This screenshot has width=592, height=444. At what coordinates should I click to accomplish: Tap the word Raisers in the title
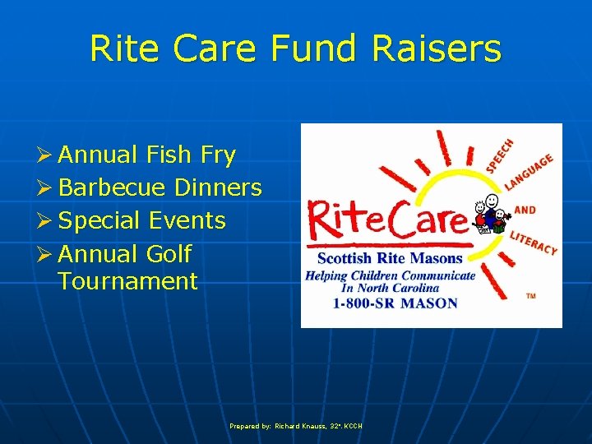click(436, 49)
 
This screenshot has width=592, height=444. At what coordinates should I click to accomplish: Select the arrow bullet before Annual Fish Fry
click(45, 155)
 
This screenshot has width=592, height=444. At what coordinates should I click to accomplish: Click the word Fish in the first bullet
click(170, 155)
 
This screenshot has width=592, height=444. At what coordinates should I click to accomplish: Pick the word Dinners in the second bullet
click(219, 187)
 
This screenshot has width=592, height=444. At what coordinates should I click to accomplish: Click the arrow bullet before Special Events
click(45, 221)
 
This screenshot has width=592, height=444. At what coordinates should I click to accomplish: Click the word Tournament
click(128, 281)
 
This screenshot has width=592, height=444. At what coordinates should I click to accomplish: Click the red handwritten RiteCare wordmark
click(386, 221)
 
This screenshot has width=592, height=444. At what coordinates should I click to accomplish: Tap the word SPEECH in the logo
click(499, 155)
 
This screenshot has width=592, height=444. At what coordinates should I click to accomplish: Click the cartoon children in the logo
click(492, 216)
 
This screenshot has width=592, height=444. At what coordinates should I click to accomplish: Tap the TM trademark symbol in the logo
click(530, 296)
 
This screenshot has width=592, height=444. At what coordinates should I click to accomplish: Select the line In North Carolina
click(390, 288)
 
